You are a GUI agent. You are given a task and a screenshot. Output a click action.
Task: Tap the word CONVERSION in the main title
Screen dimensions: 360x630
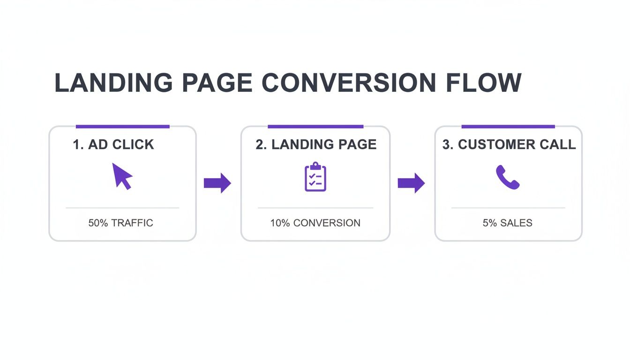348,83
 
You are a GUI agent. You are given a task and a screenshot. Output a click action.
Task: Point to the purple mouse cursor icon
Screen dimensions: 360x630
122,175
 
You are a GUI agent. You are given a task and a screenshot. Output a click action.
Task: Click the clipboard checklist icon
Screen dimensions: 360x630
315,177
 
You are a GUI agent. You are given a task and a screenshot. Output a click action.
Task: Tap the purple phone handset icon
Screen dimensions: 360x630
508,177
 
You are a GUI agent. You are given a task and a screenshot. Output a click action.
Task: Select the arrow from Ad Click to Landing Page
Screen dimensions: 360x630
217,183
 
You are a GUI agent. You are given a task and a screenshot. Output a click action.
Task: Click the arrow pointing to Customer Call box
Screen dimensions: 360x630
411,183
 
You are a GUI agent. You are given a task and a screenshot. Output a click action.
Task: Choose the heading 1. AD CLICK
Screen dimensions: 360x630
113,144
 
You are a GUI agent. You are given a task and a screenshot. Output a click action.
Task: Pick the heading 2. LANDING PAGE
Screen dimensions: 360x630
316,144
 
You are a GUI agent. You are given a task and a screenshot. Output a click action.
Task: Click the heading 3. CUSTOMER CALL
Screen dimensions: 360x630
509,144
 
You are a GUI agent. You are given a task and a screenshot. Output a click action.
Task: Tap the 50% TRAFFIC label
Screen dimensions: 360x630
121,223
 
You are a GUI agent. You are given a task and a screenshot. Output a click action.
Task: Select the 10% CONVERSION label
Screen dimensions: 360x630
315,223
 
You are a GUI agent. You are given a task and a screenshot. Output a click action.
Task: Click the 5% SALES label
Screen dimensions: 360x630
508,223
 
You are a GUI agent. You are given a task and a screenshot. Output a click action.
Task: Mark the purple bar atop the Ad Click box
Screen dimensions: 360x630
122,126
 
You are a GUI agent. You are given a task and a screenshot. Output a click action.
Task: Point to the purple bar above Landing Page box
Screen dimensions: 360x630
315,126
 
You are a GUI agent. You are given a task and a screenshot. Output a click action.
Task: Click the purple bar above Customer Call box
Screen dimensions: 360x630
508,126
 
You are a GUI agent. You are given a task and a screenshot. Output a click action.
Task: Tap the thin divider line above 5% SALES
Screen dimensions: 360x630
508,208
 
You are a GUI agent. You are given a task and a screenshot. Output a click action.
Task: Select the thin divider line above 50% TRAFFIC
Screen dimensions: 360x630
122,208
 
